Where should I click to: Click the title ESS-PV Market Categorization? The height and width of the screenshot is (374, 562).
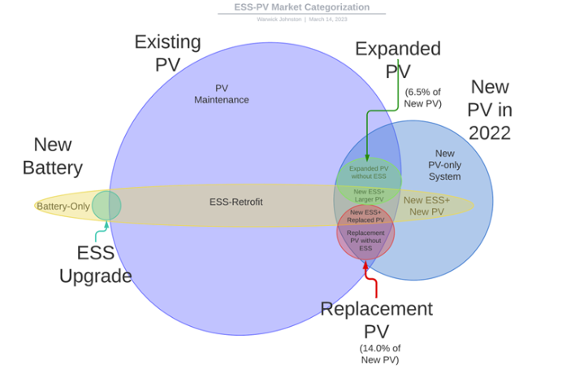click(301, 7)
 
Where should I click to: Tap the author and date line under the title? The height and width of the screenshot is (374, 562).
click(301, 19)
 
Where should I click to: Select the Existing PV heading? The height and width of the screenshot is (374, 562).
click(168, 53)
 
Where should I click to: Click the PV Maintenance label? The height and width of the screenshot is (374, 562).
click(222, 94)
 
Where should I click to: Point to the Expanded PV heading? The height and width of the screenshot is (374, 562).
click(398, 59)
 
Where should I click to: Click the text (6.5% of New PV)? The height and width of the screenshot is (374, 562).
click(422, 98)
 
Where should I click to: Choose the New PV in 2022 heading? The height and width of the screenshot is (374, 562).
click(490, 110)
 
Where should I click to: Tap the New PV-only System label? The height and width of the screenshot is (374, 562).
click(445, 165)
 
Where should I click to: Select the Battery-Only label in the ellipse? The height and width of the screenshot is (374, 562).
click(63, 207)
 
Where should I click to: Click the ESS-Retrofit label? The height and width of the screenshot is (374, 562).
click(236, 202)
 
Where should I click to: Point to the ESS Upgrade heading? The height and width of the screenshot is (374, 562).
click(95, 264)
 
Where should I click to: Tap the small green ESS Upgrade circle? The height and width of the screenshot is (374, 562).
click(106, 205)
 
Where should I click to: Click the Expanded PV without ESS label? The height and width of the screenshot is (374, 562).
click(369, 172)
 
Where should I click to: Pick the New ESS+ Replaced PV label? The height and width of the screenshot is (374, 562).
click(365, 215)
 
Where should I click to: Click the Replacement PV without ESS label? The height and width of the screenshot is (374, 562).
click(365, 240)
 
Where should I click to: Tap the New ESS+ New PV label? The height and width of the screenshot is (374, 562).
click(426, 206)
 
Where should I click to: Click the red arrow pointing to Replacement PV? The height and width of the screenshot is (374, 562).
click(374, 280)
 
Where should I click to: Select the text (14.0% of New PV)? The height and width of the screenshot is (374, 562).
click(378, 354)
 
